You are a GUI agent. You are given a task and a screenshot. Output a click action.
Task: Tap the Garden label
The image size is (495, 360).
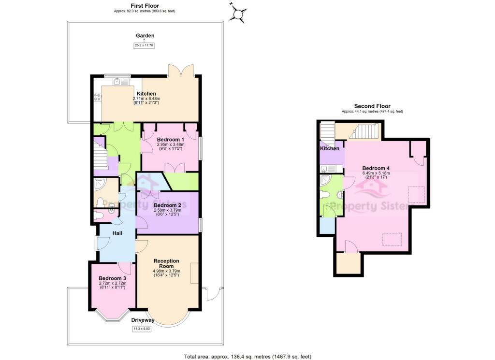click(145, 35)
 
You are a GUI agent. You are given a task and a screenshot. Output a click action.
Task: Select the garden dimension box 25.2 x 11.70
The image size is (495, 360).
click(145, 46)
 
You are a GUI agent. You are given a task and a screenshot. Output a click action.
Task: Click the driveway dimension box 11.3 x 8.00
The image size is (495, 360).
click(142, 329)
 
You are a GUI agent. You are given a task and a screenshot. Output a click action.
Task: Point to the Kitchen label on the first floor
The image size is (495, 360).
click(146, 94)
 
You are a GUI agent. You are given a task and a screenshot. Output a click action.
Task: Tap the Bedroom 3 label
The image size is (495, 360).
click(112, 278)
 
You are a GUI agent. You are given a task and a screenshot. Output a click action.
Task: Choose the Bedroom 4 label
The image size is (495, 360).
click(376, 168)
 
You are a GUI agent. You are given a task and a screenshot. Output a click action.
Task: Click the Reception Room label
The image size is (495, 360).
click(166, 264)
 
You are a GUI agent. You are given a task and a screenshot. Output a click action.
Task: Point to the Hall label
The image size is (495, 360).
click(117, 233)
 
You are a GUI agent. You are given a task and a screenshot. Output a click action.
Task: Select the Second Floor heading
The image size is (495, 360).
click(372, 106)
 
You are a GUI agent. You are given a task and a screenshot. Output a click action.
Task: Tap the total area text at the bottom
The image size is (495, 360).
click(247, 357)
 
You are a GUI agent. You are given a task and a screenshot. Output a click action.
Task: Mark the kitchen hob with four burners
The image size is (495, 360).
click(97, 97)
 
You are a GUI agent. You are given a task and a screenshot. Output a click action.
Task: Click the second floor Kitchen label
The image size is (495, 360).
click(330, 148)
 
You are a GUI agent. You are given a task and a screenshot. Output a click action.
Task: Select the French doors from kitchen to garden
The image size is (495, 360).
click(181, 71)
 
